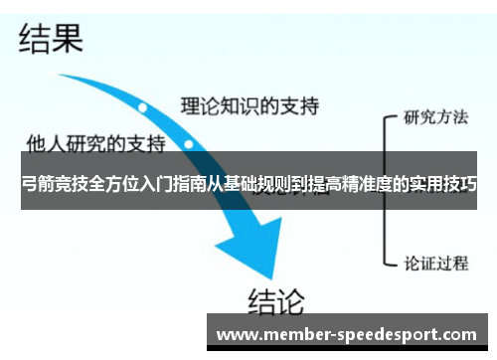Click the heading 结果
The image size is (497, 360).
point(50,39)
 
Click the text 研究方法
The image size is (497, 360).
point(435,116)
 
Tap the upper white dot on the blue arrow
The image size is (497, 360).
point(143,105)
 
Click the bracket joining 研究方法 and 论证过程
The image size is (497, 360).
point(386,189)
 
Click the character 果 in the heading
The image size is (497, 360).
point(67,39)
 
